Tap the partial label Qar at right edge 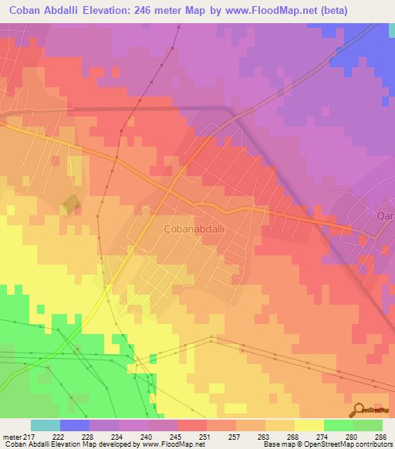point(386,217)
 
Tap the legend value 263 point(265,436)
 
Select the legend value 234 point(118,436)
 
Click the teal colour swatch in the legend point(46,425)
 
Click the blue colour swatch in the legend point(75,425)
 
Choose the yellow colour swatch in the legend point(309,425)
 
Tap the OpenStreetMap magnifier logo point(358,410)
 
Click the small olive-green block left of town point(70,204)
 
